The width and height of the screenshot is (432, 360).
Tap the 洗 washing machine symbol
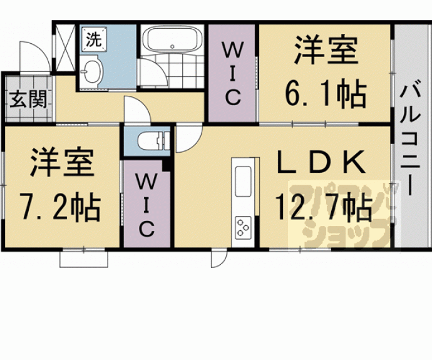point(94,39)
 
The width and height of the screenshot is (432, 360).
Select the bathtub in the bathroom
point(172,39)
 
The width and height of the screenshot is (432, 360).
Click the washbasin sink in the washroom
point(92,71)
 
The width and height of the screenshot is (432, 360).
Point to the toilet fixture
point(153,140)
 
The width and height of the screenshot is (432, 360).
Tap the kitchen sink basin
point(243,182)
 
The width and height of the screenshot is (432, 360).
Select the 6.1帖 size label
point(326,93)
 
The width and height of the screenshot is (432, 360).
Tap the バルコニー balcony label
point(410,136)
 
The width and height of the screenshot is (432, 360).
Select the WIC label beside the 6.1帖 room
point(233,75)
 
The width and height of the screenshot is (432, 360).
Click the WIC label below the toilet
point(147,205)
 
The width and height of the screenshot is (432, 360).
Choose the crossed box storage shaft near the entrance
point(65,48)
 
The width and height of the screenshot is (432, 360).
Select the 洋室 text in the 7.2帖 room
point(62,163)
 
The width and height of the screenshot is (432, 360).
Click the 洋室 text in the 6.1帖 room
point(327,50)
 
